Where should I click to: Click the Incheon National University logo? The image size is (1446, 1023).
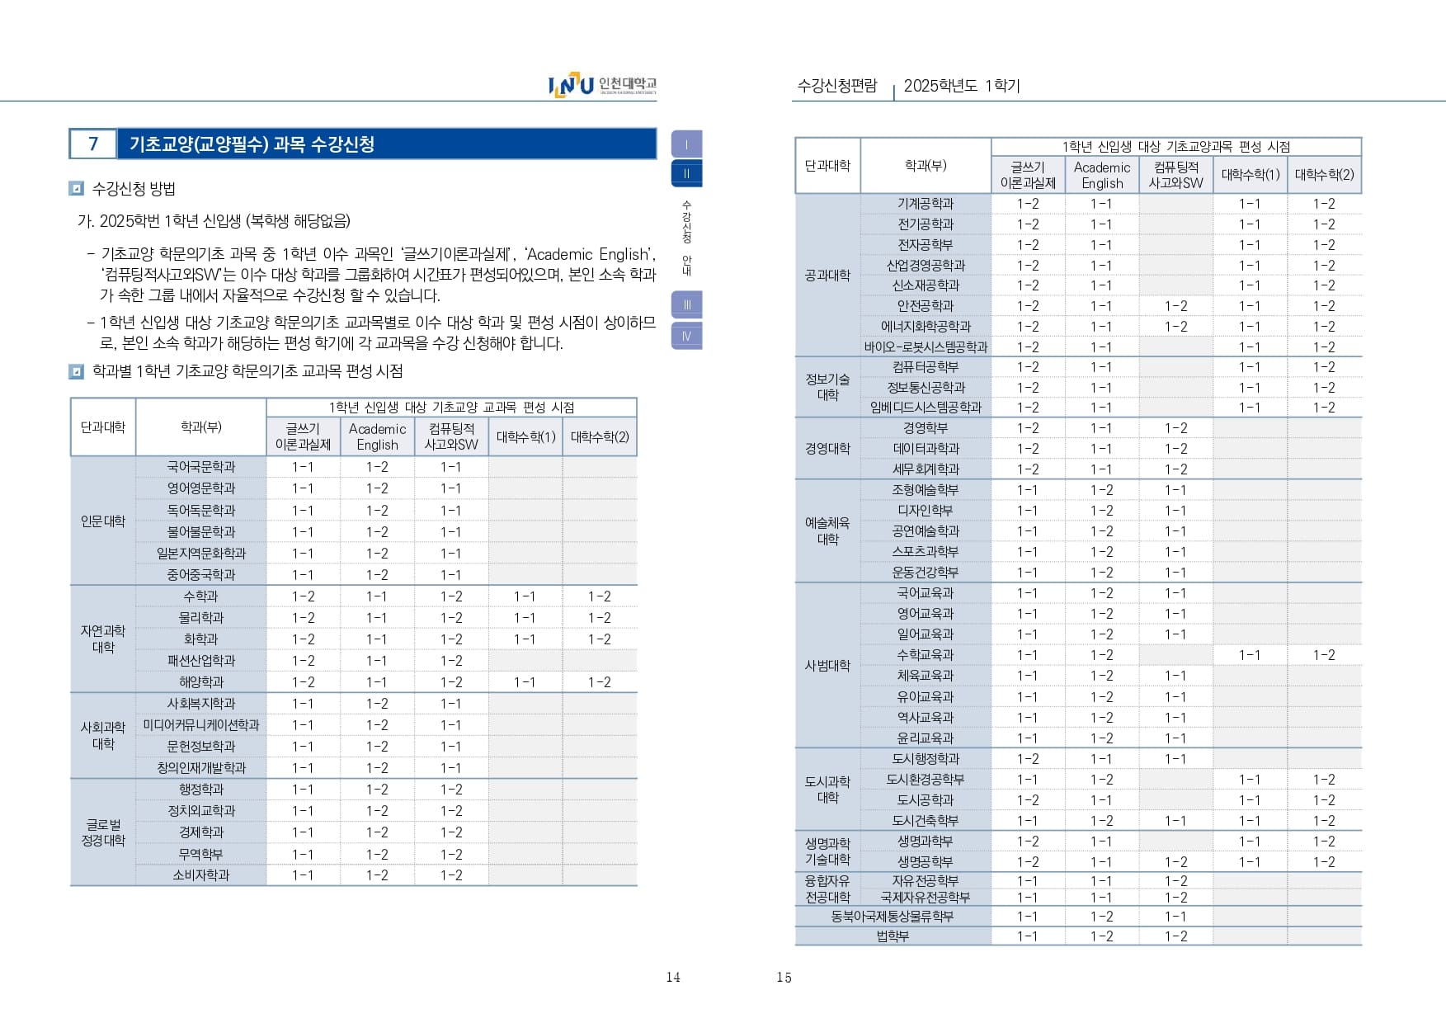tap(602, 85)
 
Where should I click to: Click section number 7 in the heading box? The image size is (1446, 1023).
tap(93, 144)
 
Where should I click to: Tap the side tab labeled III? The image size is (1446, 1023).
tap(686, 304)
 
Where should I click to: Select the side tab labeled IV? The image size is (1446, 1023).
tap(686, 336)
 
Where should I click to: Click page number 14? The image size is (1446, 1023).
tap(673, 978)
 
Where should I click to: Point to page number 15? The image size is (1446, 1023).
tap(784, 978)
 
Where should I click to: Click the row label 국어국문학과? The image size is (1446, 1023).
tap(200, 467)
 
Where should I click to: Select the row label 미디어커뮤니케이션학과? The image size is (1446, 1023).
tap(200, 725)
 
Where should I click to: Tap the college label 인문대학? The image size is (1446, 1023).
tap(103, 521)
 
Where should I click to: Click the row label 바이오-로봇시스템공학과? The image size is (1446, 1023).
tap(926, 347)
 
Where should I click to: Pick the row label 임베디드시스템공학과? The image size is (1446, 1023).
tap(926, 408)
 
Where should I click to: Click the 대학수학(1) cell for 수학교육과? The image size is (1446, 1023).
tap(1250, 655)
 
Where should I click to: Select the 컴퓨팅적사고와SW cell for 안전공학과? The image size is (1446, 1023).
tap(1175, 306)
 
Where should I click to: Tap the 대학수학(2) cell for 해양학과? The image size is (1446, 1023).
tap(600, 682)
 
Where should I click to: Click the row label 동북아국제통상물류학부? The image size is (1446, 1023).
tap(892, 917)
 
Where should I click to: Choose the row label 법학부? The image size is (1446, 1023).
tap(892, 936)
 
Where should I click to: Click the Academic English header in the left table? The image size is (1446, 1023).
tap(377, 436)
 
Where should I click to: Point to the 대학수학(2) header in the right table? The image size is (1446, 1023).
tap(1324, 175)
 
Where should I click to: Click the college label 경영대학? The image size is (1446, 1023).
tap(827, 449)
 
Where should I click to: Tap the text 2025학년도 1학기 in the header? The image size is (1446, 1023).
tap(962, 86)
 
